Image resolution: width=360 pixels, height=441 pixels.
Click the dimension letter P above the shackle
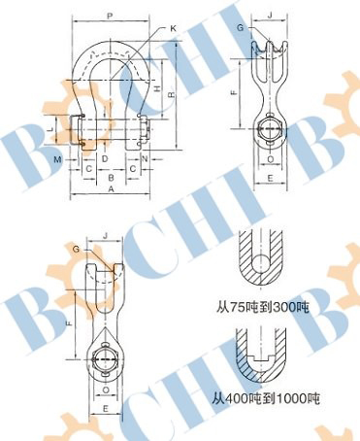pos(110,16)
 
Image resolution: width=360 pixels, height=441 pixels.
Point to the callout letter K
pos(174,28)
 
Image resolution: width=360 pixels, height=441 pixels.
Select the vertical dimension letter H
pos(157,88)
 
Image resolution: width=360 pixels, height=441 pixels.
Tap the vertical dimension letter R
pos(172,94)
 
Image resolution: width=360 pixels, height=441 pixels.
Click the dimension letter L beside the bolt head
pos(50,129)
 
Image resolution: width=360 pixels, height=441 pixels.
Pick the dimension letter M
pos(58,159)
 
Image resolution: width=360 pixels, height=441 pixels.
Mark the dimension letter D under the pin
pos(105,159)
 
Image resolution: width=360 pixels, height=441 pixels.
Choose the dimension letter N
pos(145,159)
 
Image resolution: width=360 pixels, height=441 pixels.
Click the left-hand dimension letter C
pos(89,169)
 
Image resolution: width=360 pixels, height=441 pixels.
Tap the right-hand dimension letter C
pos(133,169)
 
